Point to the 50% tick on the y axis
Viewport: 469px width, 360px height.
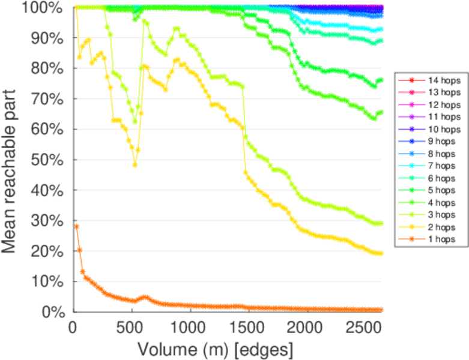click(x=49, y=160)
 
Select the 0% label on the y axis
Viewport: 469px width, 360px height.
click(x=52, y=312)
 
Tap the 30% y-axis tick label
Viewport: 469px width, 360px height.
click(x=49, y=221)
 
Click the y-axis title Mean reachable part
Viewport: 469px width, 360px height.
click(x=13, y=159)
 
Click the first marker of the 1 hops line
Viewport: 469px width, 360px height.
click(x=76, y=226)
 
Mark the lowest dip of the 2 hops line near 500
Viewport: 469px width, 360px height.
click(x=135, y=164)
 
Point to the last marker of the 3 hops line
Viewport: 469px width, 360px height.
click(x=381, y=223)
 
